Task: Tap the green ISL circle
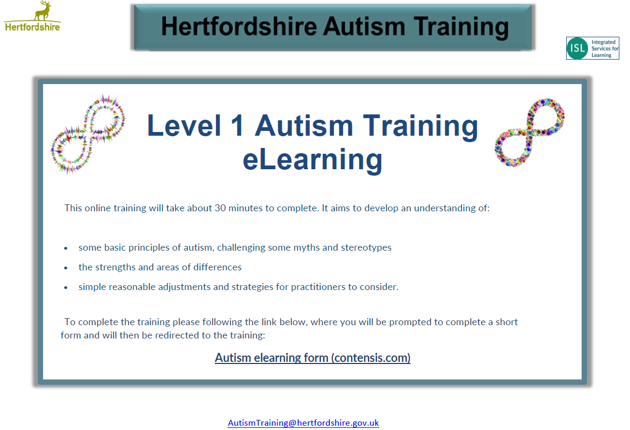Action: point(577,48)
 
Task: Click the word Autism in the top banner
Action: point(364,27)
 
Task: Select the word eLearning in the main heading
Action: point(313,160)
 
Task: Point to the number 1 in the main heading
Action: point(238,126)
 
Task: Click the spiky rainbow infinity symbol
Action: point(88,134)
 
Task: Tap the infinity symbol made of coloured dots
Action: point(530,133)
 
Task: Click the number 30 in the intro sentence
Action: point(220,208)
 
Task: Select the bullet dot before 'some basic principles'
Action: point(66,249)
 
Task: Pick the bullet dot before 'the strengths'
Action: point(66,268)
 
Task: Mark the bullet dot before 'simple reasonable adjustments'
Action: point(66,288)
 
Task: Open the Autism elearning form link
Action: point(313,358)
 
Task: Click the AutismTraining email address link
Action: point(304,423)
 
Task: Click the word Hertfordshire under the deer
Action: point(32,27)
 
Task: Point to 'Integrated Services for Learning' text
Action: point(604,48)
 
